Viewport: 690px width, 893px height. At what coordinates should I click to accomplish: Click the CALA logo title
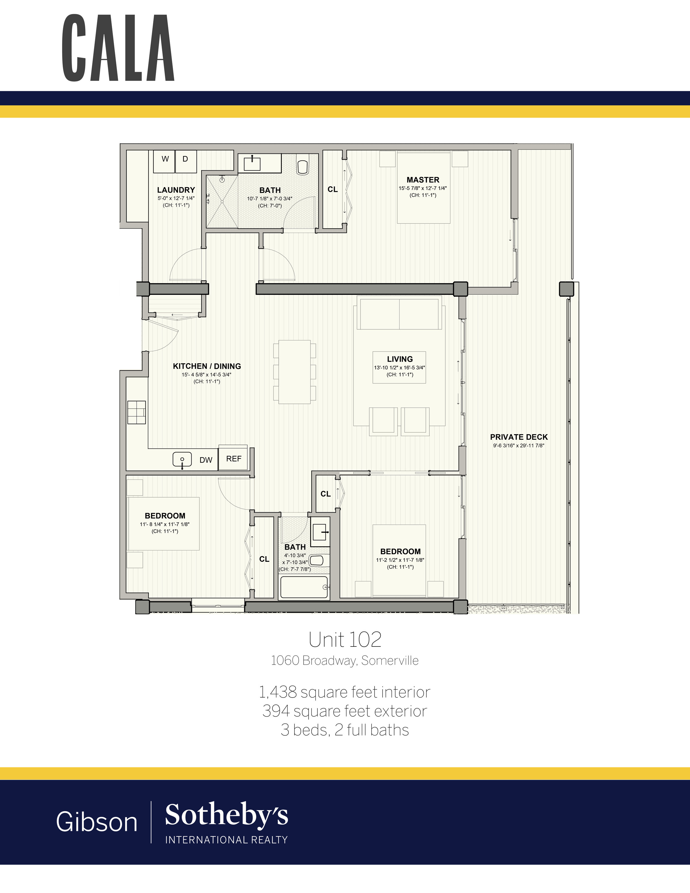[x=118, y=47]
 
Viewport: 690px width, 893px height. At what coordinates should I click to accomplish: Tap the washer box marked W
[x=164, y=161]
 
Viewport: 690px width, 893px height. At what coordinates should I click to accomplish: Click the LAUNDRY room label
[x=176, y=190]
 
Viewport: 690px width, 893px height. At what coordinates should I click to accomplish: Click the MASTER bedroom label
[x=423, y=179]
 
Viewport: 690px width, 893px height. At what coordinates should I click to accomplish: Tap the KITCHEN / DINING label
[x=207, y=366]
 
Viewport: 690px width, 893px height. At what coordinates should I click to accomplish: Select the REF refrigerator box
[x=233, y=458]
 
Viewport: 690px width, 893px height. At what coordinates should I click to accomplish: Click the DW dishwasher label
[x=206, y=460]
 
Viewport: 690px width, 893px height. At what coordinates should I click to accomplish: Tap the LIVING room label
[x=400, y=359]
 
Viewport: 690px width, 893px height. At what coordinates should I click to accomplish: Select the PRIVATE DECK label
[x=519, y=437]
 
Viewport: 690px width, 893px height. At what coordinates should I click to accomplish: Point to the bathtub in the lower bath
[x=304, y=587]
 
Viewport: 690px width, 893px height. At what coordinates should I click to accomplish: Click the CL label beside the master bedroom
[x=332, y=189]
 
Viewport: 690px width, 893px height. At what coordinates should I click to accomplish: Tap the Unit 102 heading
[x=345, y=640]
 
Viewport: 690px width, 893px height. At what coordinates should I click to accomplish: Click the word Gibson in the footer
[x=97, y=822]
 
